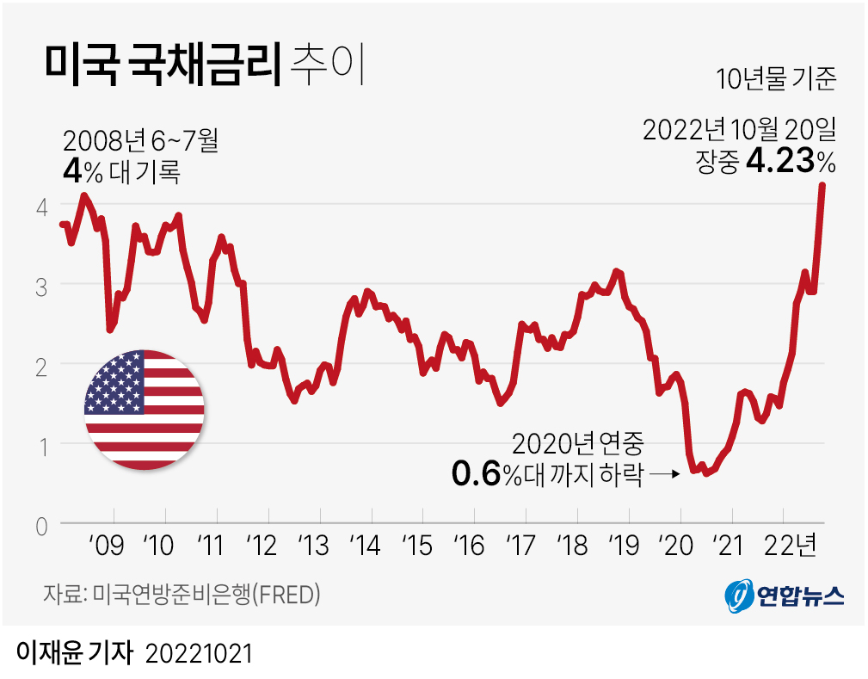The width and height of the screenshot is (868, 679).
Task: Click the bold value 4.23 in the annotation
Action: coord(779,161)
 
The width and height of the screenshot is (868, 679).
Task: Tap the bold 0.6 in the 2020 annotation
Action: coord(477,474)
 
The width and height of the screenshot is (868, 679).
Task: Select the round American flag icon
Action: coord(145,410)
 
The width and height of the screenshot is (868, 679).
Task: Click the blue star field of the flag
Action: coord(114,380)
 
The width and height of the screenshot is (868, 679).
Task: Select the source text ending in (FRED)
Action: coord(182,595)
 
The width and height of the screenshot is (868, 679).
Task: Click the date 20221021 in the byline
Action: coord(199,653)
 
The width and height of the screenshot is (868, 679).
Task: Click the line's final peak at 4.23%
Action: coord(822,186)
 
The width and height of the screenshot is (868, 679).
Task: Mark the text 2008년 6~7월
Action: coord(140,139)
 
